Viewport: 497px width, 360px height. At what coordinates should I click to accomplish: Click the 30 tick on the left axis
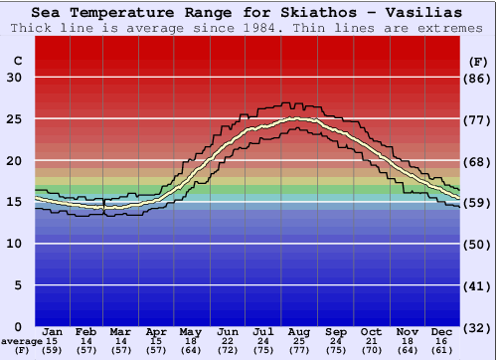[14, 78]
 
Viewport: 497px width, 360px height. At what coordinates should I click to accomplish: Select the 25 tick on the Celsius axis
[14, 119]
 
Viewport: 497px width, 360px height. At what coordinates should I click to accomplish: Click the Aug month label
[299, 331]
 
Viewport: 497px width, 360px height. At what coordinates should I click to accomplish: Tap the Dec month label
[442, 331]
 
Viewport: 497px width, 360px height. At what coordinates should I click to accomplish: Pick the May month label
[189, 331]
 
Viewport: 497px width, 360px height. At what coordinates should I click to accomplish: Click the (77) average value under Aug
[299, 351]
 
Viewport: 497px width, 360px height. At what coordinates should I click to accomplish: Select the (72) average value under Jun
[228, 351]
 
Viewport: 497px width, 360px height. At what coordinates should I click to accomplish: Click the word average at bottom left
[22, 341]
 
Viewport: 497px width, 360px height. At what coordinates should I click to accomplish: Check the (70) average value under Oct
[371, 351]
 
